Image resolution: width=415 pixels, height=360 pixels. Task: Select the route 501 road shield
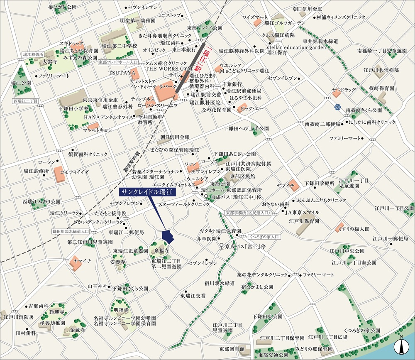point(337,108)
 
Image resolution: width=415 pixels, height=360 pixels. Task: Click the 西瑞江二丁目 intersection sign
point(25,101)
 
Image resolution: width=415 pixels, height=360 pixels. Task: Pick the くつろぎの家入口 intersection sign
point(265,237)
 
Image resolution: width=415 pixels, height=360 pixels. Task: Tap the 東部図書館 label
point(232,348)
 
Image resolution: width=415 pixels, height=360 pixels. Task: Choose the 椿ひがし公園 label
point(62,7)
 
